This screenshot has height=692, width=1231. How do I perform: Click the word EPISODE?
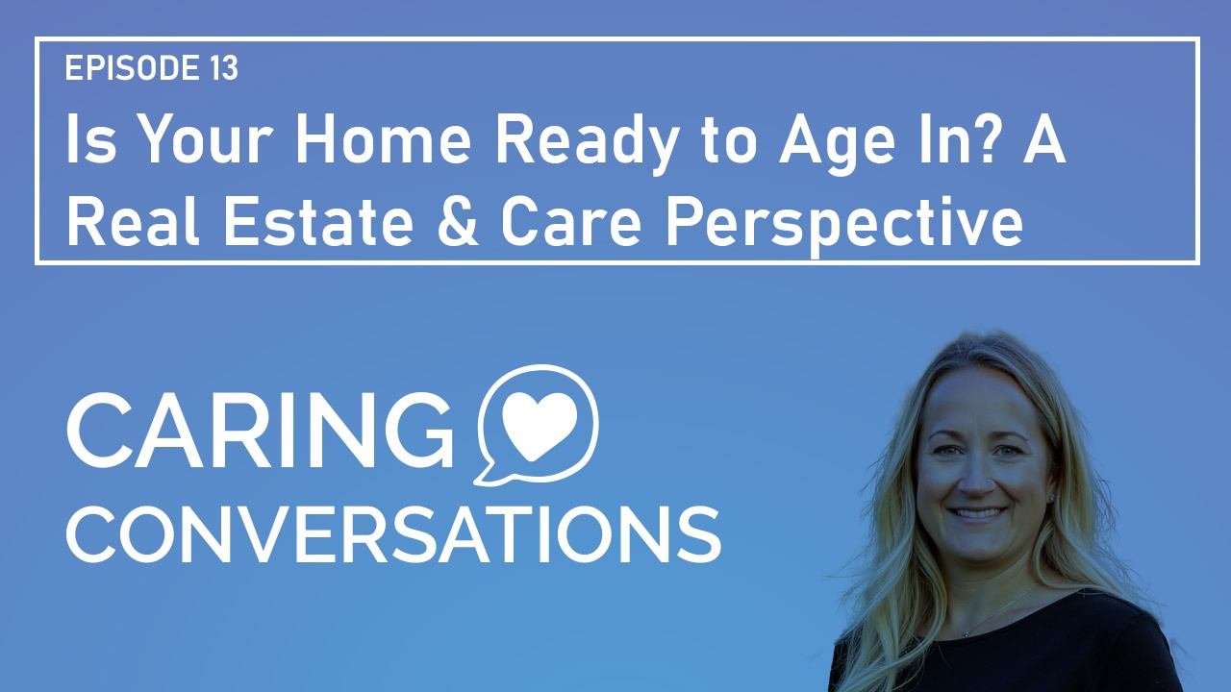[132, 67]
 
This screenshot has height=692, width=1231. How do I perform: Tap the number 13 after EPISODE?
[223, 67]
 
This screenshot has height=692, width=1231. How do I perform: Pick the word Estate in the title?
[318, 221]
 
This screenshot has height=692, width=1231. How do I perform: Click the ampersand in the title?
[458, 221]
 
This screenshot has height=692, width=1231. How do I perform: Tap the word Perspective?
[844, 226]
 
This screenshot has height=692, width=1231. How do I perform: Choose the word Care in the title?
[571, 221]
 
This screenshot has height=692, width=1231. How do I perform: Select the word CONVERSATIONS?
[393, 535]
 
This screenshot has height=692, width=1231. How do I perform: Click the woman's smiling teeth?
[978, 513]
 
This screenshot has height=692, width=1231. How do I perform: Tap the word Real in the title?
[133, 221]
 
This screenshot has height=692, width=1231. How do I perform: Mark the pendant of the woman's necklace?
[966, 634]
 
